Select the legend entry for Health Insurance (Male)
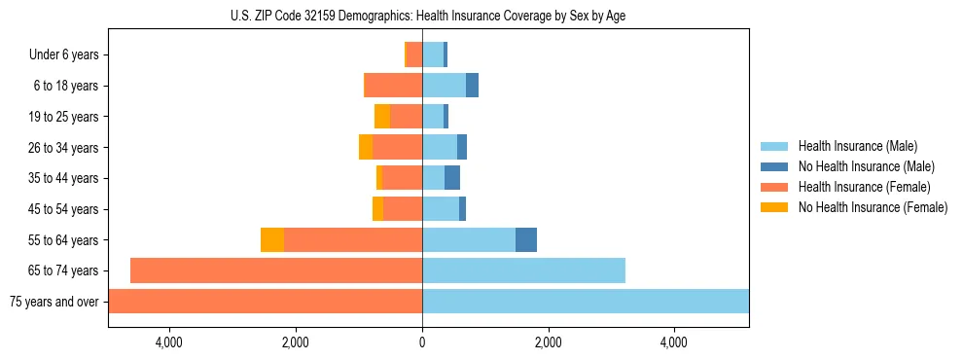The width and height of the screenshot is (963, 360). pyautogui.click(x=856, y=146)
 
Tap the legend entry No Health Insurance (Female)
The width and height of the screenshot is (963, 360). pyautogui.click(x=873, y=207)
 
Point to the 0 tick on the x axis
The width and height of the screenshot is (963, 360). pyautogui.click(x=422, y=342)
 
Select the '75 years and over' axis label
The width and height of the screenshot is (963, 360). pyautogui.click(x=53, y=302)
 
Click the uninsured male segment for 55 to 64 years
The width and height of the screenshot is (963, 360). pyautogui.click(x=525, y=239)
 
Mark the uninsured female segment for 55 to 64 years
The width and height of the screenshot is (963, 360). pyautogui.click(x=272, y=239)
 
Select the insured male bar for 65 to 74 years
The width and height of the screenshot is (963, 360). pyautogui.click(x=523, y=270)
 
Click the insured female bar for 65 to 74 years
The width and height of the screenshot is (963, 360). pyautogui.click(x=276, y=270)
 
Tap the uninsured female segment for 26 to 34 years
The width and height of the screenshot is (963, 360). pyautogui.click(x=365, y=147)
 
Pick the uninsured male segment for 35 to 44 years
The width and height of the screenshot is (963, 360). pyautogui.click(x=451, y=178)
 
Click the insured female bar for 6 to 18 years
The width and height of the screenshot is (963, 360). pyautogui.click(x=393, y=86)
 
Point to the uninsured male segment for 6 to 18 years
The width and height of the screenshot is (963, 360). pyautogui.click(x=472, y=86)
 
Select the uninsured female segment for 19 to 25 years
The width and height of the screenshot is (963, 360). pyautogui.click(x=382, y=117)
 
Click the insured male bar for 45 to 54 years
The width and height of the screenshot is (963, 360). pyautogui.click(x=441, y=209)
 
